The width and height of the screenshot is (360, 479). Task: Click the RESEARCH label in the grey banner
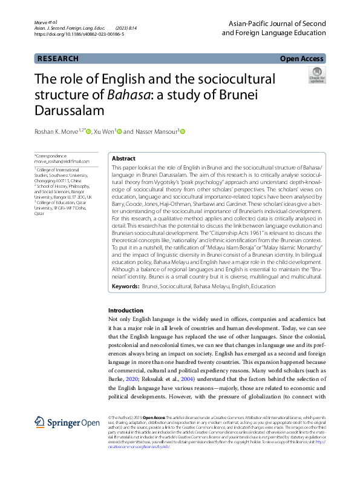[58, 59]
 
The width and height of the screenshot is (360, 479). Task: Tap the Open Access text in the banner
[301, 59]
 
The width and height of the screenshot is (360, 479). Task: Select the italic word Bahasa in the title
[125, 94]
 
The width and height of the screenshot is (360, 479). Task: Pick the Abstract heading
[123, 157]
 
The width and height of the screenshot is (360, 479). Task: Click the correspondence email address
[62, 162]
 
